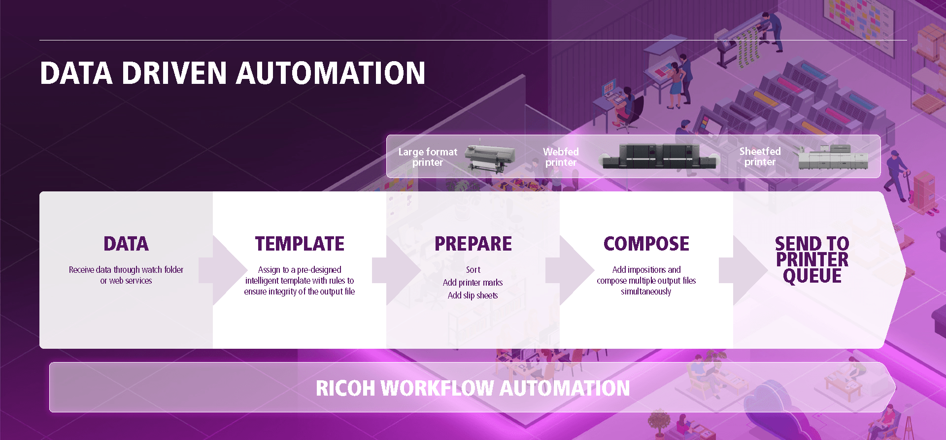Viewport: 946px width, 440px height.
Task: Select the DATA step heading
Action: coord(126,244)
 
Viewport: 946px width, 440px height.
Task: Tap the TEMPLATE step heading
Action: coord(300,244)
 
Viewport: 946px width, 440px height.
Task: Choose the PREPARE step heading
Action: coord(473,244)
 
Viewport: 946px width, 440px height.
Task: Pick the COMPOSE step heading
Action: coord(646,244)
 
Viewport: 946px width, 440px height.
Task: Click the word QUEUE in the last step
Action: coord(812,276)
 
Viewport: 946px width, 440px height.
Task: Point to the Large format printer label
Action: coord(428,157)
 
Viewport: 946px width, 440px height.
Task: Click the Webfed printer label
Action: coord(561,157)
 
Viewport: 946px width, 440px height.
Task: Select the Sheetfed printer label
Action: coord(760,156)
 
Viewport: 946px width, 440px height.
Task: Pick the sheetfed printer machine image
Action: coord(833,157)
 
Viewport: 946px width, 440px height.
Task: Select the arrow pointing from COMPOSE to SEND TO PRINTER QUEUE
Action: coord(743,270)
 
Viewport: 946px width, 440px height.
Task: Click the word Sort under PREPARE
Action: coord(473,270)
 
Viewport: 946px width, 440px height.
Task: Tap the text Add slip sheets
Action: coord(473,295)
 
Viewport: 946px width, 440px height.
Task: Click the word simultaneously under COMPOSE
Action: coord(646,292)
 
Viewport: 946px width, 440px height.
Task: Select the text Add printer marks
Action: coord(473,283)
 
